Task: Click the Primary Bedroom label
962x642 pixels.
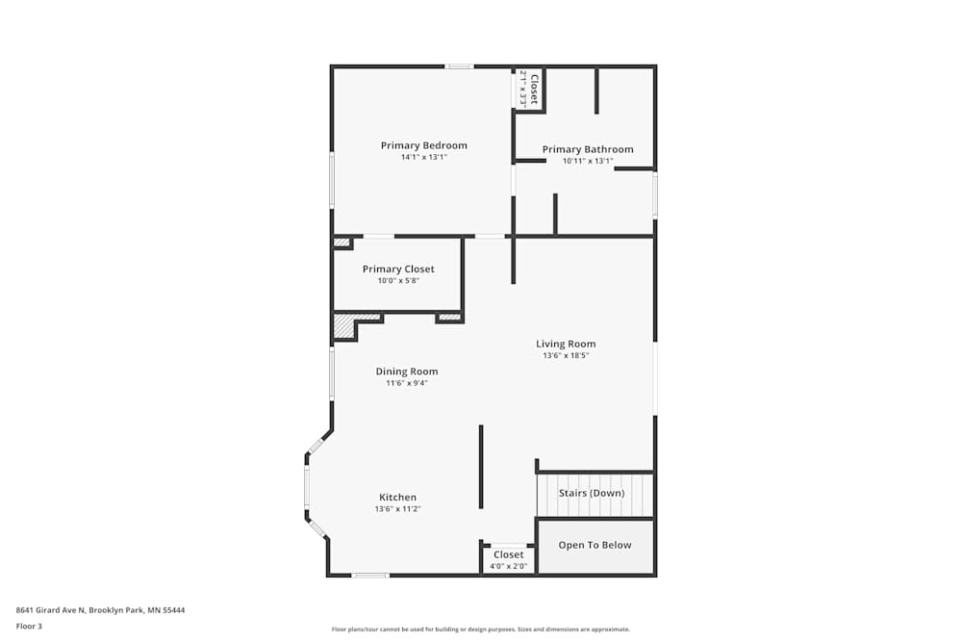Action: pos(423,146)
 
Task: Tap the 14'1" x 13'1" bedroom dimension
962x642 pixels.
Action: pos(423,157)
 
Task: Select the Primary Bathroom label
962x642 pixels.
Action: pos(588,149)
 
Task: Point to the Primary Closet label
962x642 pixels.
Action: pos(398,270)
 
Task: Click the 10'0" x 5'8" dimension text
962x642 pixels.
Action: pos(398,280)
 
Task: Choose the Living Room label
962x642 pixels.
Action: pos(566,344)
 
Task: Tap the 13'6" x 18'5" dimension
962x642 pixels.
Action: pos(566,355)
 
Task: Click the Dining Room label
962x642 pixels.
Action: pos(406,372)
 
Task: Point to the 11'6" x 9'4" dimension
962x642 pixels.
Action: pos(406,383)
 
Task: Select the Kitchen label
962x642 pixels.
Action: pos(397,498)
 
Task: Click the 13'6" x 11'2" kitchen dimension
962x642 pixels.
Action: pos(397,508)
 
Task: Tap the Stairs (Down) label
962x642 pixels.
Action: pos(592,494)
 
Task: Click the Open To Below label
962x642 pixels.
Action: pos(595,545)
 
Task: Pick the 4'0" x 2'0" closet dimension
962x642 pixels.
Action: pos(509,566)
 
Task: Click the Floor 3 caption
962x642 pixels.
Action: pos(29,626)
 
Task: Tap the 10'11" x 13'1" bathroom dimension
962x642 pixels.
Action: pos(588,161)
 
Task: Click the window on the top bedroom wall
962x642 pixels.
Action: pos(459,66)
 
